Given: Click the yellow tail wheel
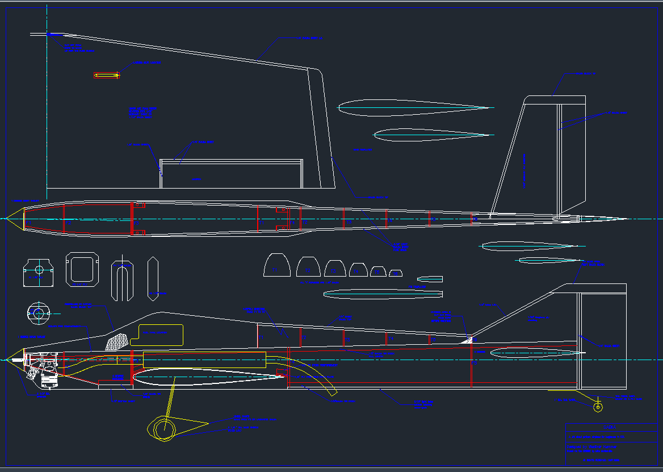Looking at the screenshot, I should (598, 407).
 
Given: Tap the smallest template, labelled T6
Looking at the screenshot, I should (396, 273).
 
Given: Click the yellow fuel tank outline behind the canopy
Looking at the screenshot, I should (158, 335).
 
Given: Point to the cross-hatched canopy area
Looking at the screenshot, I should (118, 341).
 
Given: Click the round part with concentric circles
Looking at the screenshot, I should (39, 313).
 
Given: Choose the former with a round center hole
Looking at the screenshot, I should (39, 272).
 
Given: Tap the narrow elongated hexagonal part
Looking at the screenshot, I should (153, 278).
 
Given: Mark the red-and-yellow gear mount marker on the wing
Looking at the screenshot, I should (107, 75).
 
